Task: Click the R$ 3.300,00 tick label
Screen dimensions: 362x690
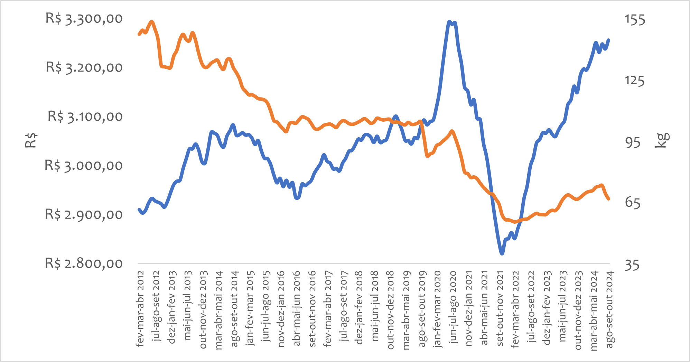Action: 84,19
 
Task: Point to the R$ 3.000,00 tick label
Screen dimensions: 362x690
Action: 84,166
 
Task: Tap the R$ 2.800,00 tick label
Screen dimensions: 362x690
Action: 84,264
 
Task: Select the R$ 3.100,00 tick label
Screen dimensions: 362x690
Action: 85,117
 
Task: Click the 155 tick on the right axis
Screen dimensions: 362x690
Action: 635,20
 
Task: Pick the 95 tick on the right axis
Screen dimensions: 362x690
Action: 633,142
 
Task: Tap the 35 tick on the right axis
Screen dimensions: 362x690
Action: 632,266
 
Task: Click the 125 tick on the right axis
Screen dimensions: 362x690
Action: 634,81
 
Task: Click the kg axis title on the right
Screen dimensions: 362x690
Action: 662,140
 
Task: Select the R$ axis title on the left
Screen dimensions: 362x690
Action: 31,140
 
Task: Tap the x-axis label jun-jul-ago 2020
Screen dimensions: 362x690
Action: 453,307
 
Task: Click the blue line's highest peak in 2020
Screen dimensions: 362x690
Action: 449,22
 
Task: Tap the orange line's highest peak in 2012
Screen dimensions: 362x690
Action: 151,22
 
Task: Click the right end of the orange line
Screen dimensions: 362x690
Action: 609,199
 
